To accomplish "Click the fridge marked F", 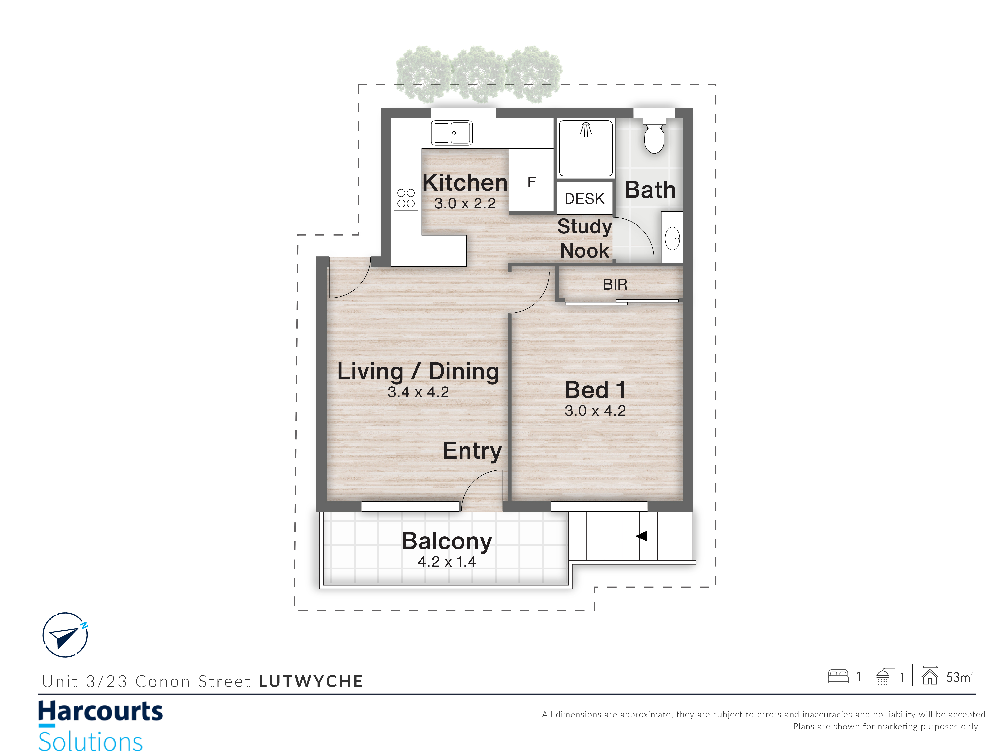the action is point(531,180).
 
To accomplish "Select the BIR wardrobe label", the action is point(615,284).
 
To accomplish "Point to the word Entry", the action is point(472,451).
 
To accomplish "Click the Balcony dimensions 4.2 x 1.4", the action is point(447,562).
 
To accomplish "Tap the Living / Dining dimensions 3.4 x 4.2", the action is point(418,392).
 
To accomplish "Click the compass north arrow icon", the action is point(65,635).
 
